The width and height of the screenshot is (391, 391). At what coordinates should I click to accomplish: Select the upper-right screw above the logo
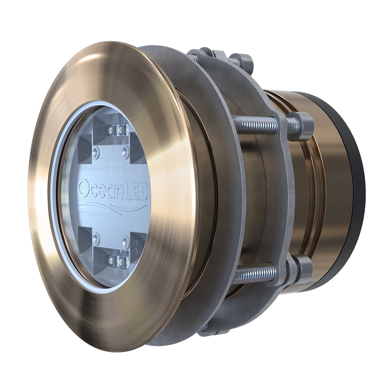[125, 152]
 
